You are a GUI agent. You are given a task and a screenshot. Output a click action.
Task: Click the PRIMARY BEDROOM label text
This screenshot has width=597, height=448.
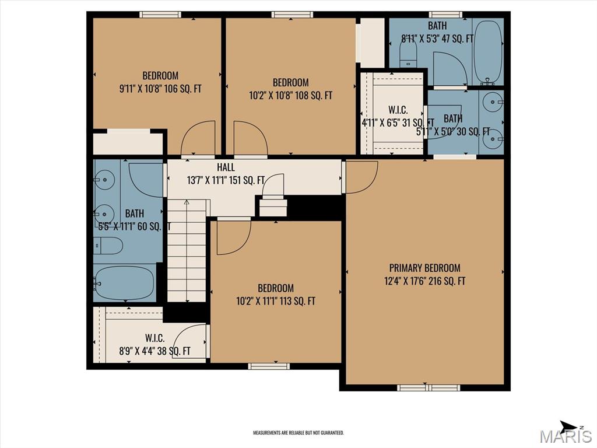click(x=424, y=268)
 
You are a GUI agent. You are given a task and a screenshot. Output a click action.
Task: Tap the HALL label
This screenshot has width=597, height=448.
click(x=226, y=168)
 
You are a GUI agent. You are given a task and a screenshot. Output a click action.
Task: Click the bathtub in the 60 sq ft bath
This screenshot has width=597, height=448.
click(x=124, y=282)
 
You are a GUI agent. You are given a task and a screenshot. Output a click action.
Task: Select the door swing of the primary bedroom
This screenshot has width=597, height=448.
click(x=360, y=176)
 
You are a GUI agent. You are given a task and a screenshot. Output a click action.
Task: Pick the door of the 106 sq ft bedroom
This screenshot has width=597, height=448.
click(x=198, y=140)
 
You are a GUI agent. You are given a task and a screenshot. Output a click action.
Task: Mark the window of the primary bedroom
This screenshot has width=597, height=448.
click(x=429, y=387)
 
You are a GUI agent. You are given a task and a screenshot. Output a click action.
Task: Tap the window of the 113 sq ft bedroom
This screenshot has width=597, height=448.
click(x=268, y=366)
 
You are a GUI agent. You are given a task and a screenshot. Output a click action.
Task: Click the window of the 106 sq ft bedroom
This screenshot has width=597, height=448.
click(x=160, y=15)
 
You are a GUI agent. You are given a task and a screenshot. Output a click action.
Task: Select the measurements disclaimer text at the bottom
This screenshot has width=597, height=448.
click(x=298, y=433)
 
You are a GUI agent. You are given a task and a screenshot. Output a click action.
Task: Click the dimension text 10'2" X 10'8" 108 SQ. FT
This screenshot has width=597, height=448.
click(x=290, y=95)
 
